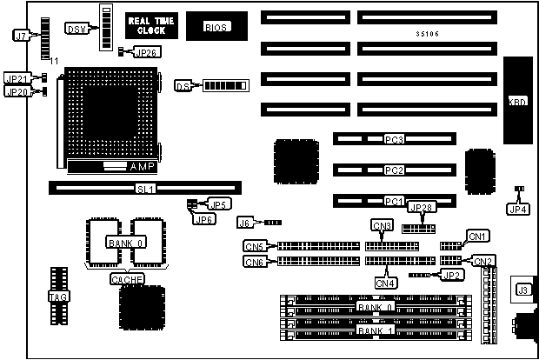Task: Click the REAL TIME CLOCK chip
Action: pyautogui.click(x=151, y=25)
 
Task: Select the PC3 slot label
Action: pyautogui.click(x=395, y=139)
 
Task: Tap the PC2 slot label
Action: pyautogui.click(x=395, y=170)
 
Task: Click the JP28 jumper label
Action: pyautogui.click(x=421, y=208)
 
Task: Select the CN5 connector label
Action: pyautogui.click(x=255, y=247)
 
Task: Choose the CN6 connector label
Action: pyautogui.click(x=255, y=262)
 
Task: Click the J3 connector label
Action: pyautogui.click(x=523, y=290)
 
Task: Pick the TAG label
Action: pyautogui.click(x=54, y=297)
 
